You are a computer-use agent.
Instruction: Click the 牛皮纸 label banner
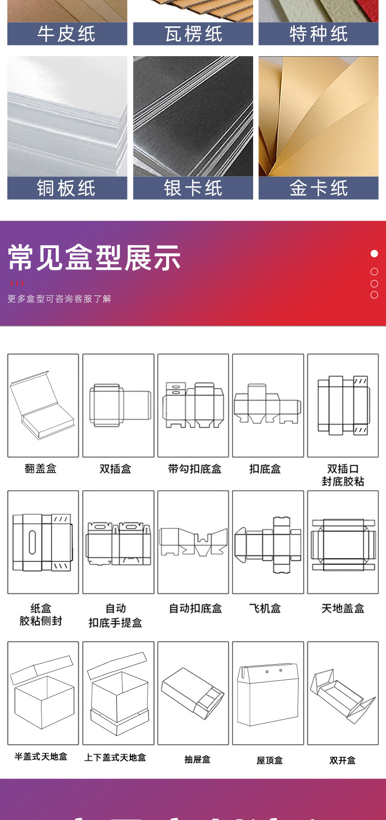tap(67, 34)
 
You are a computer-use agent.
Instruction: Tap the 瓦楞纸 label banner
tap(193, 34)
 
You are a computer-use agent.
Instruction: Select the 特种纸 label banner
tap(319, 34)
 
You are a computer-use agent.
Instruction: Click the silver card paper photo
tap(193, 116)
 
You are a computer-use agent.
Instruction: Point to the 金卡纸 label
tap(319, 189)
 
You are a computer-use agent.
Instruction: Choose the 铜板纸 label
tap(67, 189)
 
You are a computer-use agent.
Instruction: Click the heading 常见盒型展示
tap(95, 258)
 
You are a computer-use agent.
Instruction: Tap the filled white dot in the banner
tap(374, 253)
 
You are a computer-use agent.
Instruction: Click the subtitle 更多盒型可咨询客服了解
tap(60, 299)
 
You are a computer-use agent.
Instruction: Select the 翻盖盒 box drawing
tap(43, 405)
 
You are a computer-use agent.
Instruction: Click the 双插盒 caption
tap(115, 469)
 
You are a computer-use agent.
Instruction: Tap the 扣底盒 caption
tap(265, 469)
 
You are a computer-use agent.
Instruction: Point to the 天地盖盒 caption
tap(343, 609)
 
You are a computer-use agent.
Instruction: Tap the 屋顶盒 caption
tap(270, 760)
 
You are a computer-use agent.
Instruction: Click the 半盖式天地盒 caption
tap(41, 757)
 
